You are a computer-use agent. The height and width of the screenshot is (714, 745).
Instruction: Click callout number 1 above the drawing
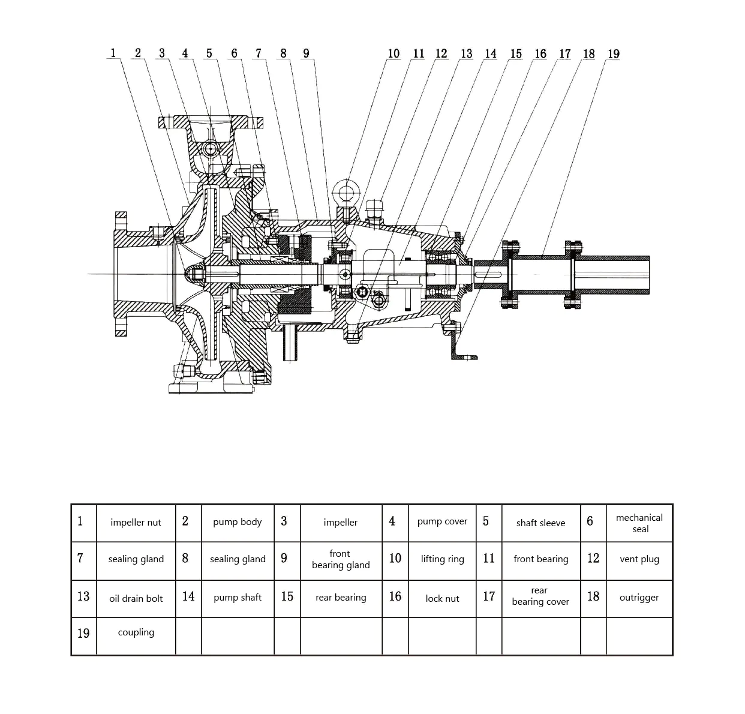coord(112,53)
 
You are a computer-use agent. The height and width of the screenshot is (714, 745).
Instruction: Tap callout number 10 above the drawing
coord(393,54)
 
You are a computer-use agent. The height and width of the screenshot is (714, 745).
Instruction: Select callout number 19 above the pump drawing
coord(613,54)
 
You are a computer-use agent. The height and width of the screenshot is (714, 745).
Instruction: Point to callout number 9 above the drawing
coord(306,53)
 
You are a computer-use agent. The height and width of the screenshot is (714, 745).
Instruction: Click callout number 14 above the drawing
coord(491,54)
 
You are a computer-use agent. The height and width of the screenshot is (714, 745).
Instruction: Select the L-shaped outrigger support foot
coord(461,348)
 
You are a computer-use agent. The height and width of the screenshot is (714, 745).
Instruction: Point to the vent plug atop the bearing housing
coord(374,210)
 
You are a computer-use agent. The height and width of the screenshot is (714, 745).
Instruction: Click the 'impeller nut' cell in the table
coord(136,523)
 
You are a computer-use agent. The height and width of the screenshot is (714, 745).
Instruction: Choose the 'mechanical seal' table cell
coord(639,523)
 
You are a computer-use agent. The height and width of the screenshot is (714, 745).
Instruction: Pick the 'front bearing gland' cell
coord(341,559)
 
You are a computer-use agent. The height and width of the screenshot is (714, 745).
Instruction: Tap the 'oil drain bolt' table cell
coord(136,598)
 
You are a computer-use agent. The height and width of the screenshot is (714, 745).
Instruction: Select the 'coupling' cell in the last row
coord(136,632)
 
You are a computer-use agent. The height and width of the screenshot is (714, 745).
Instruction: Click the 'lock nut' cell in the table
coord(442,598)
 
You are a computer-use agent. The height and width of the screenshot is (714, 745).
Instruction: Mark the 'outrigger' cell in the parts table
coord(639,598)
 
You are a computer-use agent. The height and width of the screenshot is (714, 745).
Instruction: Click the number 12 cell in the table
coord(593,559)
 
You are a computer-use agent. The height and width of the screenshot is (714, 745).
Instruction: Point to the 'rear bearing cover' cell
coord(540,596)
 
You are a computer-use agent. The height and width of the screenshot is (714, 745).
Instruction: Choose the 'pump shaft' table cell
coord(238,598)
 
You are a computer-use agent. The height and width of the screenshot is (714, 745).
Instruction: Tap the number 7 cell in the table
coord(80,559)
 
